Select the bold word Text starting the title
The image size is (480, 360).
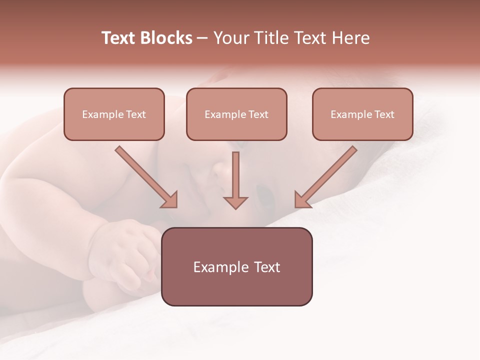[120, 38]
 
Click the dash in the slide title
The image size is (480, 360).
[202, 38]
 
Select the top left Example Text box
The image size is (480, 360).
[114, 114]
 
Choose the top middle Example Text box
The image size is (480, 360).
[236, 114]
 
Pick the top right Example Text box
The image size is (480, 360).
[362, 114]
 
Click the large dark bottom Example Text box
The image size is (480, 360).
[237, 266]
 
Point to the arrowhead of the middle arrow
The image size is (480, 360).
[235, 202]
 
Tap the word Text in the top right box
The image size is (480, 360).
[384, 114]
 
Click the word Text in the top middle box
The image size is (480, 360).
[258, 114]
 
